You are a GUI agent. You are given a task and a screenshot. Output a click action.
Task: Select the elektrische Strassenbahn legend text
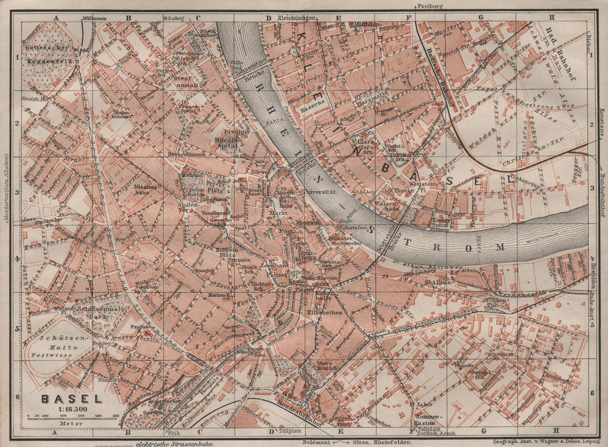(x=173, y=444)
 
